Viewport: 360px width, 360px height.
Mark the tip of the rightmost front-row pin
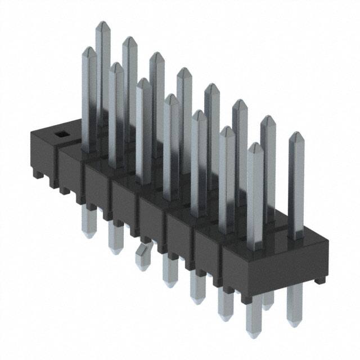[x=255, y=146]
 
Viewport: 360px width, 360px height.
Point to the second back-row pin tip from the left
[x=129, y=40]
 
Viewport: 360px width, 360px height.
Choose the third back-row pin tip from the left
[x=157, y=55]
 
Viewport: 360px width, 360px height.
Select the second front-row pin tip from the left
[x=116, y=66]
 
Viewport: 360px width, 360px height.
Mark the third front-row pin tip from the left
[x=143, y=82]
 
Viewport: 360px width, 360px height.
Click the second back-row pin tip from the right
[x=268, y=119]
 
